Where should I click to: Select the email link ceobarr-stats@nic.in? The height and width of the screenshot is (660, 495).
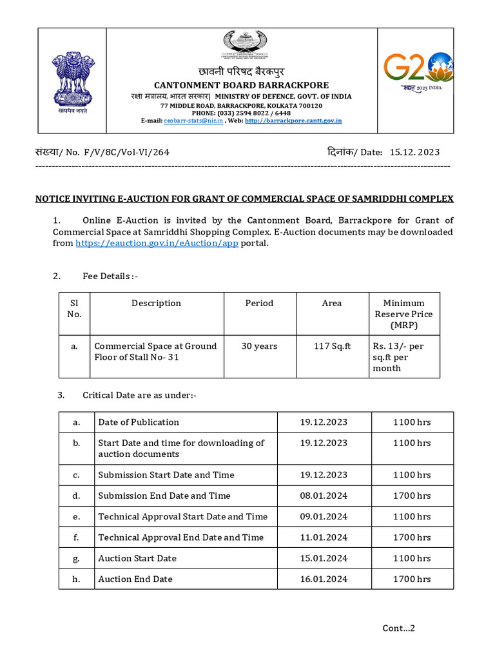pos(193,121)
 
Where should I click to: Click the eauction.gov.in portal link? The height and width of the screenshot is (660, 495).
pos(157,243)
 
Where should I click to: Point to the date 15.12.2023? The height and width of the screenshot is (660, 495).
pos(415,152)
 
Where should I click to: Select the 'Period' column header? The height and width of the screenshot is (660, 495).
pos(259,303)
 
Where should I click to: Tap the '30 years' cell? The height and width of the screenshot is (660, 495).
pos(259,346)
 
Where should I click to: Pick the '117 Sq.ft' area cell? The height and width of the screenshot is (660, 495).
pos(332,346)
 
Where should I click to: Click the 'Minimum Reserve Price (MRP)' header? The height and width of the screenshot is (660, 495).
pos(403,314)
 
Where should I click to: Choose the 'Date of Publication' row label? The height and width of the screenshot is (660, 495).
pos(139,422)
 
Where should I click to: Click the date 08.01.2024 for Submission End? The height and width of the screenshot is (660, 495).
pos(324,496)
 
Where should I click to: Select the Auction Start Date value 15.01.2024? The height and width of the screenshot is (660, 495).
pos(324,558)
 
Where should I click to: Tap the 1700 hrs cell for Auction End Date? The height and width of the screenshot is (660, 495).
pos(412,579)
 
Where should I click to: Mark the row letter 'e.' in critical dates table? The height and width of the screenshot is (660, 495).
pos(77,516)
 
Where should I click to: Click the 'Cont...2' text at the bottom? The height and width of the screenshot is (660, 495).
pos(399,628)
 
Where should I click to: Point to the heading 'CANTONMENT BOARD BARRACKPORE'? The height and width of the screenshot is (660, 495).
pos(240,85)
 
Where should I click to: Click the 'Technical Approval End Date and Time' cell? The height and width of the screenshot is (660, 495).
pos(180,537)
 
